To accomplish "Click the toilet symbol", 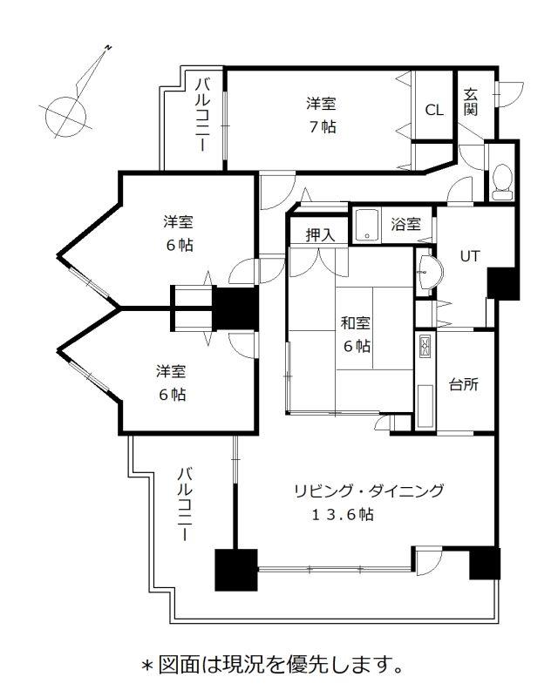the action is pyautogui.click(x=503, y=182).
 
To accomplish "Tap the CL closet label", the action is pyautogui.click(x=434, y=110).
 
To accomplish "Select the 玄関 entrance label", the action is pyautogui.click(x=471, y=102).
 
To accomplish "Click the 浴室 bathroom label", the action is pyautogui.click(x=405, y=224).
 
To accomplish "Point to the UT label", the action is pyautogui.click(x=470, y=256).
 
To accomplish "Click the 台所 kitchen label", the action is pyautogui.click(x=464, y=384).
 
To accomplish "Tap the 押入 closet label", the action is pyautogui.click(x=320, y=234).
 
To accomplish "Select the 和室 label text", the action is pyautogui.click(x=355, y=322).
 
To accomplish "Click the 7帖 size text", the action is pyautogui.click(x=323, y=127).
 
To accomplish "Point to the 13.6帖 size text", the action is pyautogui.click(x=342, y=515).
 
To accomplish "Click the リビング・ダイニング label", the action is pyautogui.click(x=369, y=491).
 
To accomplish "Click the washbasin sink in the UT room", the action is pyautogui.click(x=430, y=272).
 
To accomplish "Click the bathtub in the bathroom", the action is pyautogui.click(x=367, y=225).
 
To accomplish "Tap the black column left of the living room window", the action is pyautogui.click(x=236, y=570).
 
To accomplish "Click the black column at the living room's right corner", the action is pyautogui.click(x=485, y=563).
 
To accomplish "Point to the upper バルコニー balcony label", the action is pyautogui.click(x=203, y=115).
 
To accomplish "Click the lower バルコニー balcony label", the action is pyautogui.click(x=185, y=504).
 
